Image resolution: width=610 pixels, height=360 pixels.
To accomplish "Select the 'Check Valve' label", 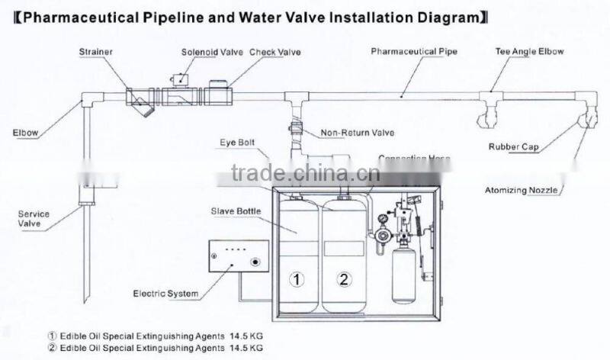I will tap(275, 53).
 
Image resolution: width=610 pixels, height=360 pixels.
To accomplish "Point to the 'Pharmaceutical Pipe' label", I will tap(413, 53).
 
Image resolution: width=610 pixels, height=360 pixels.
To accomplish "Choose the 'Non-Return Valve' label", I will tap(358, 133).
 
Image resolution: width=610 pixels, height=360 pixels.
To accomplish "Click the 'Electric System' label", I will tap(165, 293).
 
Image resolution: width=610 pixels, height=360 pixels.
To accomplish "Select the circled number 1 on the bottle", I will tap(295, 279).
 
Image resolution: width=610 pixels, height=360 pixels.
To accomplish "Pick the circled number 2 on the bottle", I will tap(345, 279).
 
